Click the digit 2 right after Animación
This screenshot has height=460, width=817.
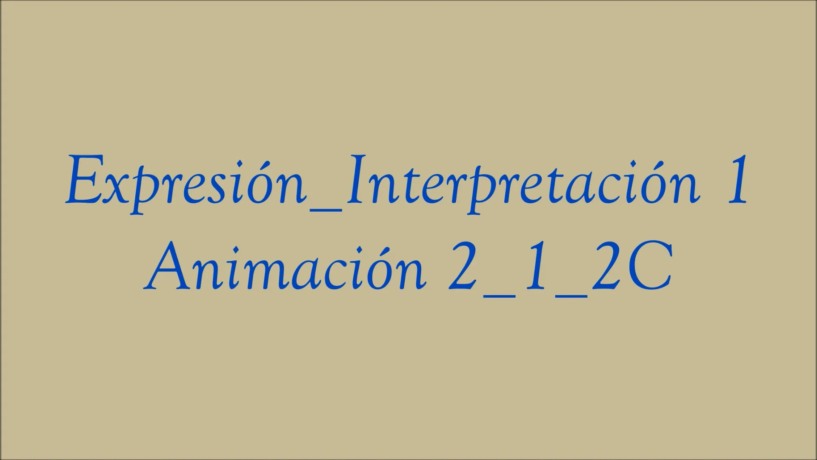pyautogui.click(x=464, y=267)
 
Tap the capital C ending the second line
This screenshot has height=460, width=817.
pyautogui.click(x=649, y=267)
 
